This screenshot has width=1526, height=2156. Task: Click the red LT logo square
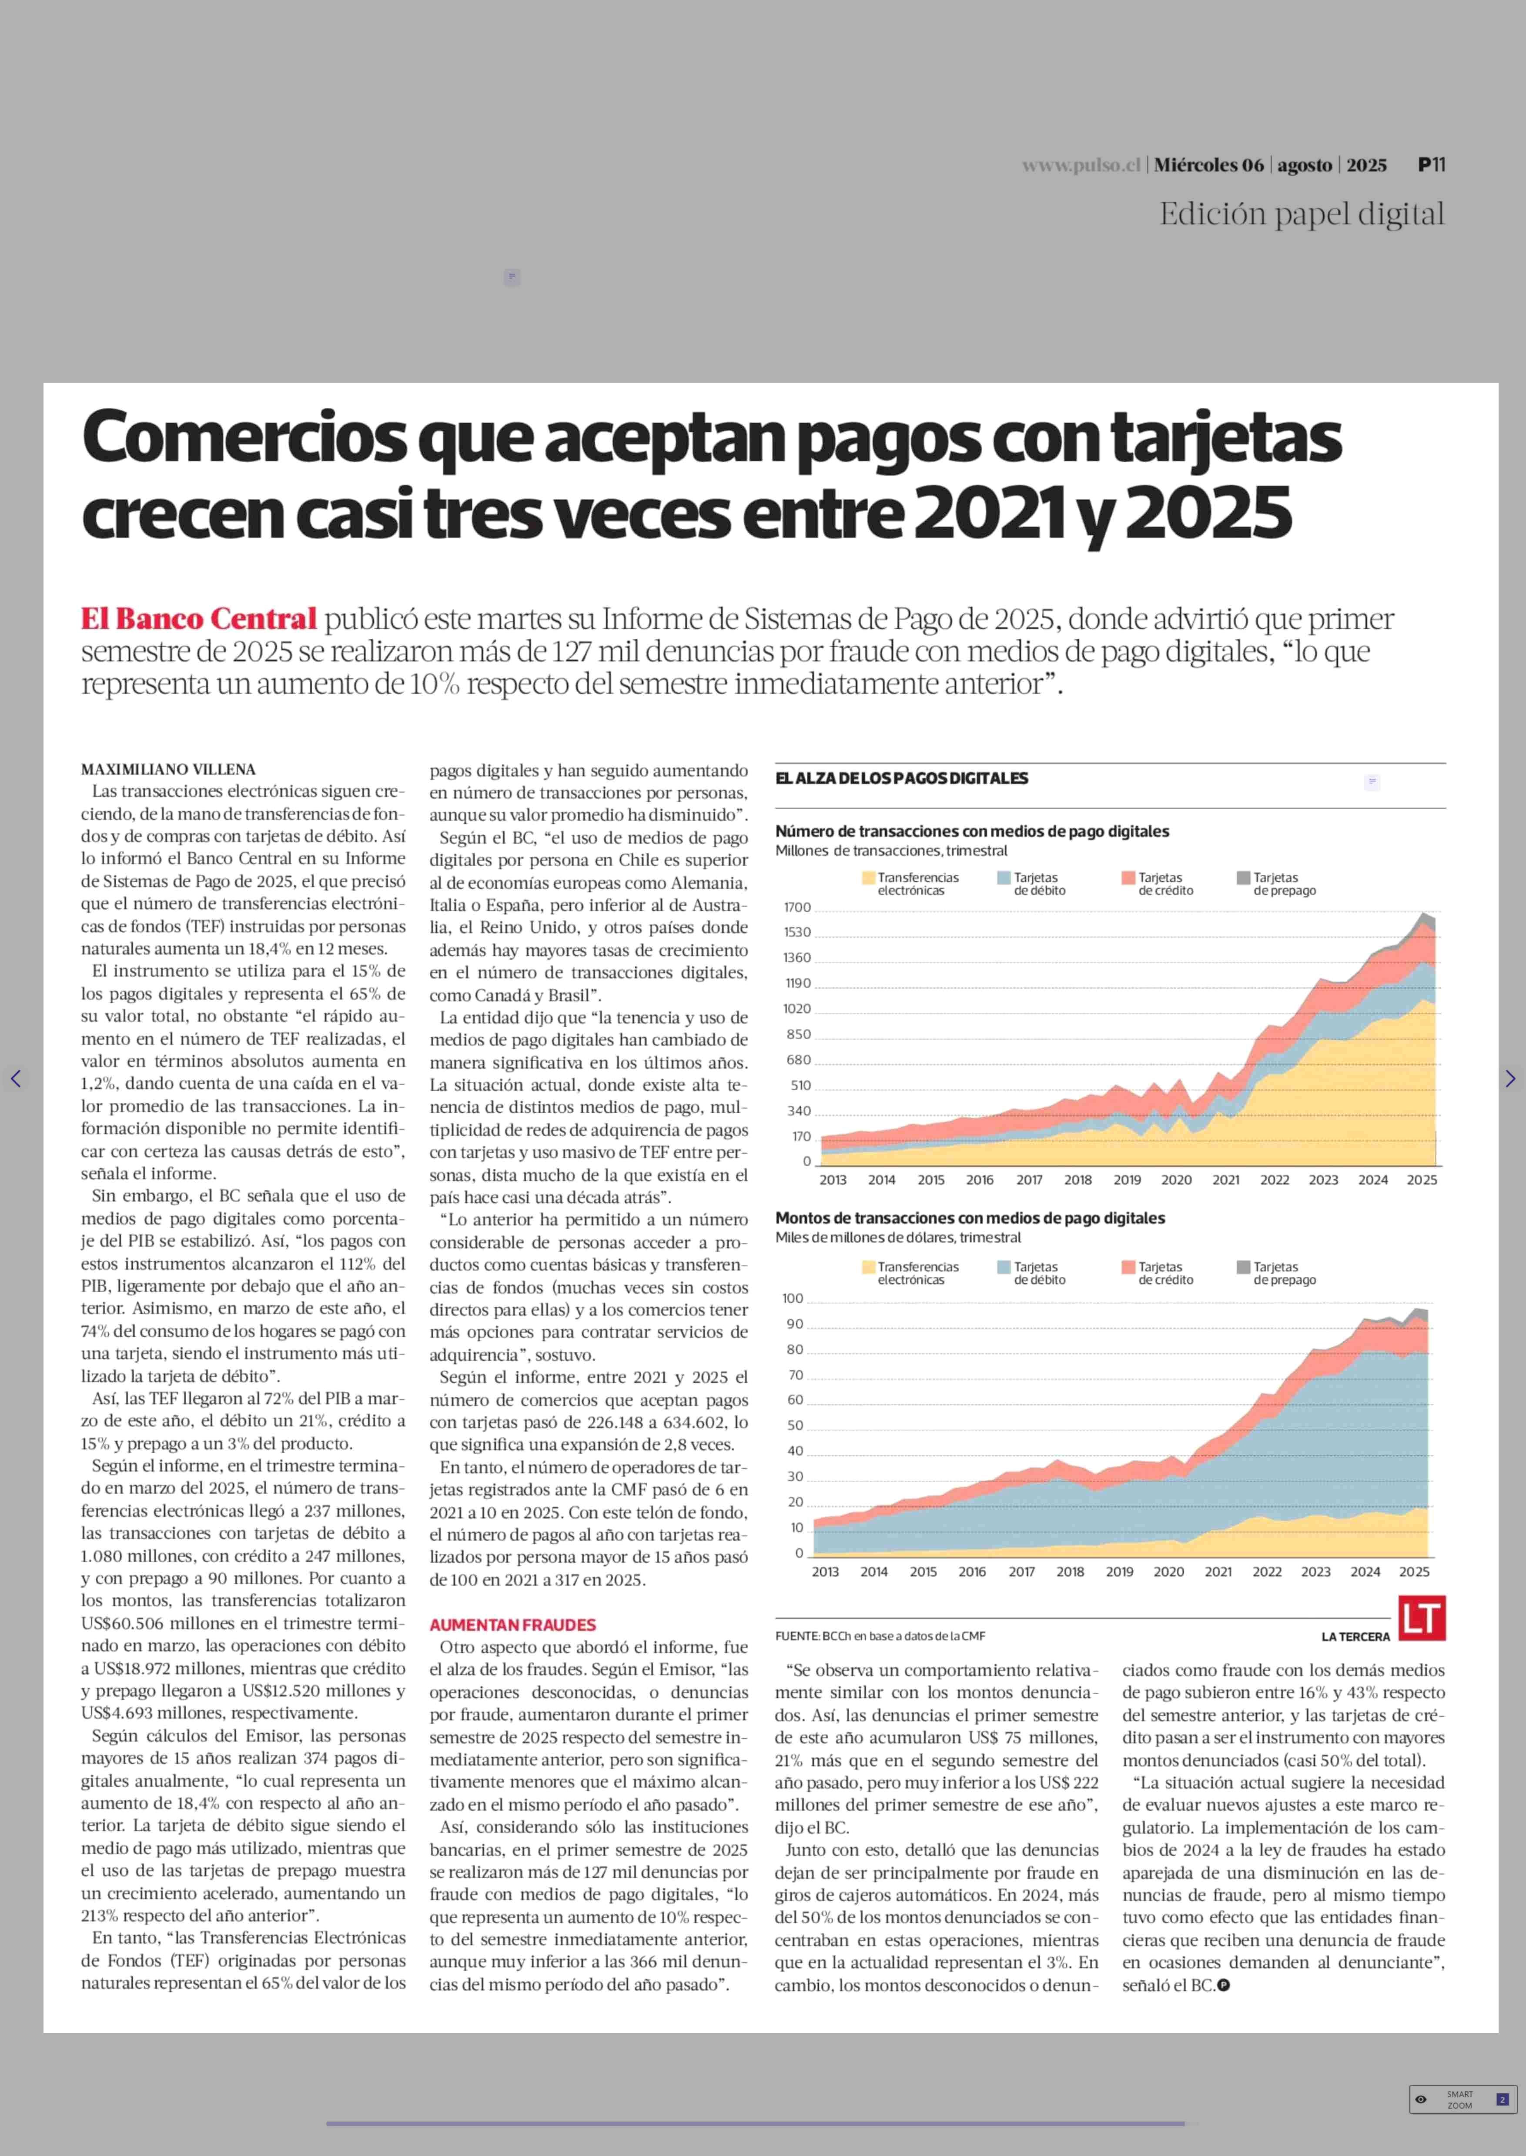(x=1422, y=1618)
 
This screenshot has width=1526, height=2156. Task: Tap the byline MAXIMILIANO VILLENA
(x=168, y=769)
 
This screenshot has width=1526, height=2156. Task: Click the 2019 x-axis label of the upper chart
(x=1127, y=1180)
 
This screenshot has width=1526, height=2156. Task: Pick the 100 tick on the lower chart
(x=793, y=1298)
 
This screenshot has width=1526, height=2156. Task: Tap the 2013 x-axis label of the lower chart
(x=825, y=1572)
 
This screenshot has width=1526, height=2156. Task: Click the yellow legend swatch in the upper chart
(x=868, y=878)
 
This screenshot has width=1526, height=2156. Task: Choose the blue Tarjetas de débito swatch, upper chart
(x=1004, y=878)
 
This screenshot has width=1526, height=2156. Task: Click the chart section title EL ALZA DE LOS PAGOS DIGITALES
(x=901, y=778)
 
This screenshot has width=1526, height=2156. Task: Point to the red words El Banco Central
(x=198, y=619)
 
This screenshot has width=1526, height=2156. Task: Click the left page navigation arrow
(x=15, y=1078)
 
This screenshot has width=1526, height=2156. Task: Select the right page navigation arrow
(x=1510, y=1078)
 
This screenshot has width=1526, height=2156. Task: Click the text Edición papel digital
(x=1302, y=214)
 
